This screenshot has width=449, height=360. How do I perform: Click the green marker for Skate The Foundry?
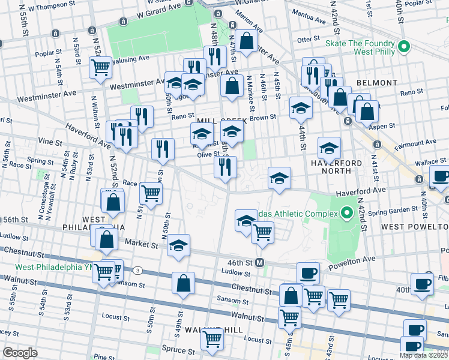tap(405, 46)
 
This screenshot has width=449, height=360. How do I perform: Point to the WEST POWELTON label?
tap(414, 227)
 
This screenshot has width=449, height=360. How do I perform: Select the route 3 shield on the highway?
tap(138, 270)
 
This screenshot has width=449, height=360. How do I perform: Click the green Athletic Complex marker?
tap(346, 213)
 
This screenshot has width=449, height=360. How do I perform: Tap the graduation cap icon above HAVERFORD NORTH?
tap(329, 147)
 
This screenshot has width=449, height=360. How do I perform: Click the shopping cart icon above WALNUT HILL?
tap(212, 338)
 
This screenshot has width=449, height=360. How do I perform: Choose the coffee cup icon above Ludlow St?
tap(308, 273)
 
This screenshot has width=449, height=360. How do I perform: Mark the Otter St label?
tap(307, 39)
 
